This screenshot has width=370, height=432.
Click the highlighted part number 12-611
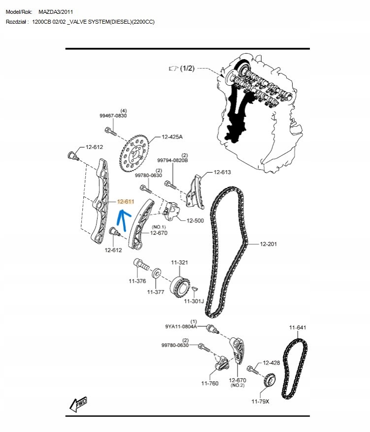click(x=126, y=201)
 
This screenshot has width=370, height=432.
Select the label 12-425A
click(x=172, y=137)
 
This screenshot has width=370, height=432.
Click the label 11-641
click(x=298, y=327)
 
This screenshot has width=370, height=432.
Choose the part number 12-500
click(x=195, y=220)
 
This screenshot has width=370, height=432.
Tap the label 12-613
click(x=222, y=172)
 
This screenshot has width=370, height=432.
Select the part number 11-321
click(x=179, y=262)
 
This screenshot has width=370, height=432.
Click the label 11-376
click(x=137, y=281)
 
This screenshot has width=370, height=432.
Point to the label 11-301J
click(x=194, y=301)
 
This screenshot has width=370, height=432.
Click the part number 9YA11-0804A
click(x=181, y=326)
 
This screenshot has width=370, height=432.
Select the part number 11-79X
click(x=261, y=401)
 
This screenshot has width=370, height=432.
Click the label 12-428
click(x=271, y=362)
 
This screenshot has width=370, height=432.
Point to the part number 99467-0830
click(x=113, y=115)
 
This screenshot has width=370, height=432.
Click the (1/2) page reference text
click(x=187, y=68)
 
